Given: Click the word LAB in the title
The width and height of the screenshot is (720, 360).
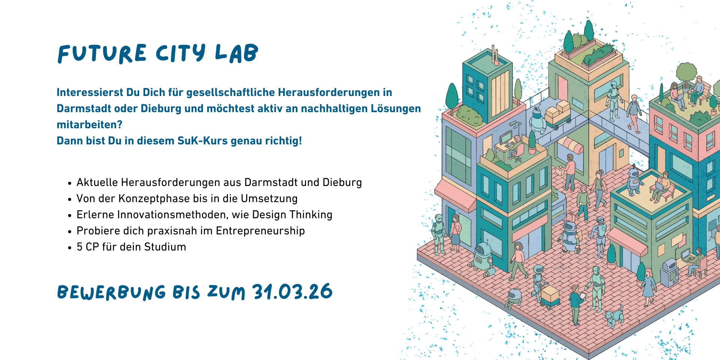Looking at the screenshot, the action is point(237,53).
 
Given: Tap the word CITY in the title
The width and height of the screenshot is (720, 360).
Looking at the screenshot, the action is point(181,53).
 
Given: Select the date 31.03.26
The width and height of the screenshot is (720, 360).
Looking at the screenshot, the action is point(292,292).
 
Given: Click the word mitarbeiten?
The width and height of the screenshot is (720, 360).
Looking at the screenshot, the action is point(90,124).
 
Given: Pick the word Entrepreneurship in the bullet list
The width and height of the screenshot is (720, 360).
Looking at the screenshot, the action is point(260,231).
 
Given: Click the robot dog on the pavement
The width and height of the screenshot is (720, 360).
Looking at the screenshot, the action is point(614,316).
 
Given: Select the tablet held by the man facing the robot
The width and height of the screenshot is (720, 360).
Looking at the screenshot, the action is point(582,296).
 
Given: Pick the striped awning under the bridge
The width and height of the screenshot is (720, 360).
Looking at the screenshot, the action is point(571,144).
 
